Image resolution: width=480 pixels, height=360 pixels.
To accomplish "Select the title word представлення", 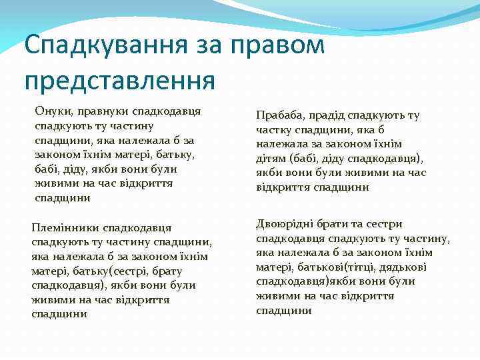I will (x=120, y=80).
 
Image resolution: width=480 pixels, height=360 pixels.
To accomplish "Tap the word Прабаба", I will (x=278, y=115).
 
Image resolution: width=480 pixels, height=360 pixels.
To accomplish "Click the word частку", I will (x=273, y=130).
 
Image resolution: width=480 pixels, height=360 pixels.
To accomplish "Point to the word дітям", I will (x=271, y=159).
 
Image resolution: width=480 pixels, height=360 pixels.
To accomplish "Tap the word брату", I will (x=165, y=271).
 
